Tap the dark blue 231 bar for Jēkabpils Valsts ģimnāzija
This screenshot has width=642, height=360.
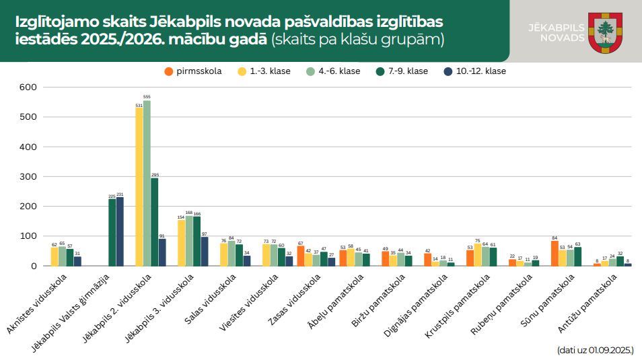[120, 231]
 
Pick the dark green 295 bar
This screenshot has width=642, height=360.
[154, 222]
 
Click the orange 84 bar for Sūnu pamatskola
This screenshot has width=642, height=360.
[555, 254]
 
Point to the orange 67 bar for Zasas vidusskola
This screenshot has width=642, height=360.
[301, 256]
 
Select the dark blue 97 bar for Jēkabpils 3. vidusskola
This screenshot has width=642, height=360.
[205, 252]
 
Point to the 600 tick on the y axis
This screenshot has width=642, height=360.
[28, 87]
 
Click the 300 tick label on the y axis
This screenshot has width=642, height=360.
[28, 176]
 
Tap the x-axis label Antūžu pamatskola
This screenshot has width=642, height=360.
[587, 301]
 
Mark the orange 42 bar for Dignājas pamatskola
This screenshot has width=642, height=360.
[427, 260]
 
